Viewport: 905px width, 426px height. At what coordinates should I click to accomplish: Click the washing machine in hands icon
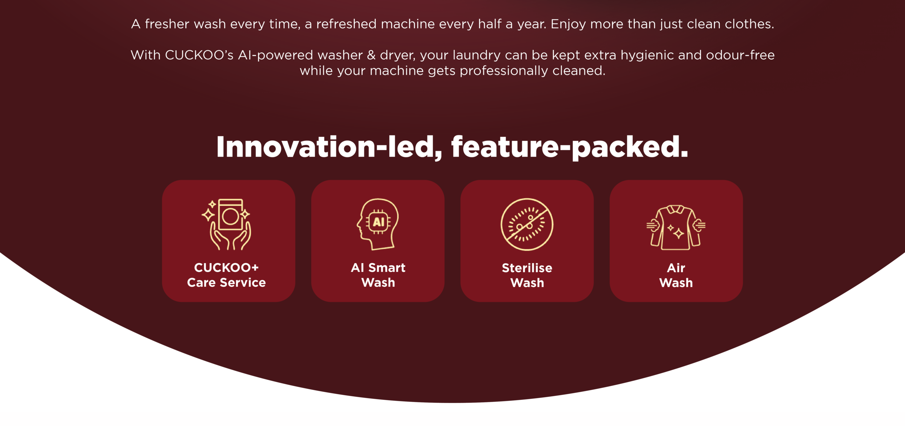coord(227,224)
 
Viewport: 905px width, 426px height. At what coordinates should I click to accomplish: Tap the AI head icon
coord(378,224)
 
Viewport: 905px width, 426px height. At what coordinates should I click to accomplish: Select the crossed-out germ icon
coord(527,224)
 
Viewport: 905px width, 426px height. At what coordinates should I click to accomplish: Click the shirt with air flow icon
coord(676,227)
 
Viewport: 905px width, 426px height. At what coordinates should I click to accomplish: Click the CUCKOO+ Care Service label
coord(226,275)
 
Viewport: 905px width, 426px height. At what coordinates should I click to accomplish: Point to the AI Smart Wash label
coord(378,275)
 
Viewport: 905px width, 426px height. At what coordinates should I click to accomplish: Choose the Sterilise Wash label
coord(527,275)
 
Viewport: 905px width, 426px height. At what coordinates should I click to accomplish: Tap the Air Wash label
coord(676,275)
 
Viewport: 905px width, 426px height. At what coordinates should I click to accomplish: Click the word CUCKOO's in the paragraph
coord(199,55)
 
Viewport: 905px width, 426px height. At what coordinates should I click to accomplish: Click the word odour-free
coord(740,55)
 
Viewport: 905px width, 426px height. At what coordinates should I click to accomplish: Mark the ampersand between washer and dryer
coord(371,55)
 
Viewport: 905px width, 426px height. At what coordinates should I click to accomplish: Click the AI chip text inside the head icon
coord(379,222)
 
